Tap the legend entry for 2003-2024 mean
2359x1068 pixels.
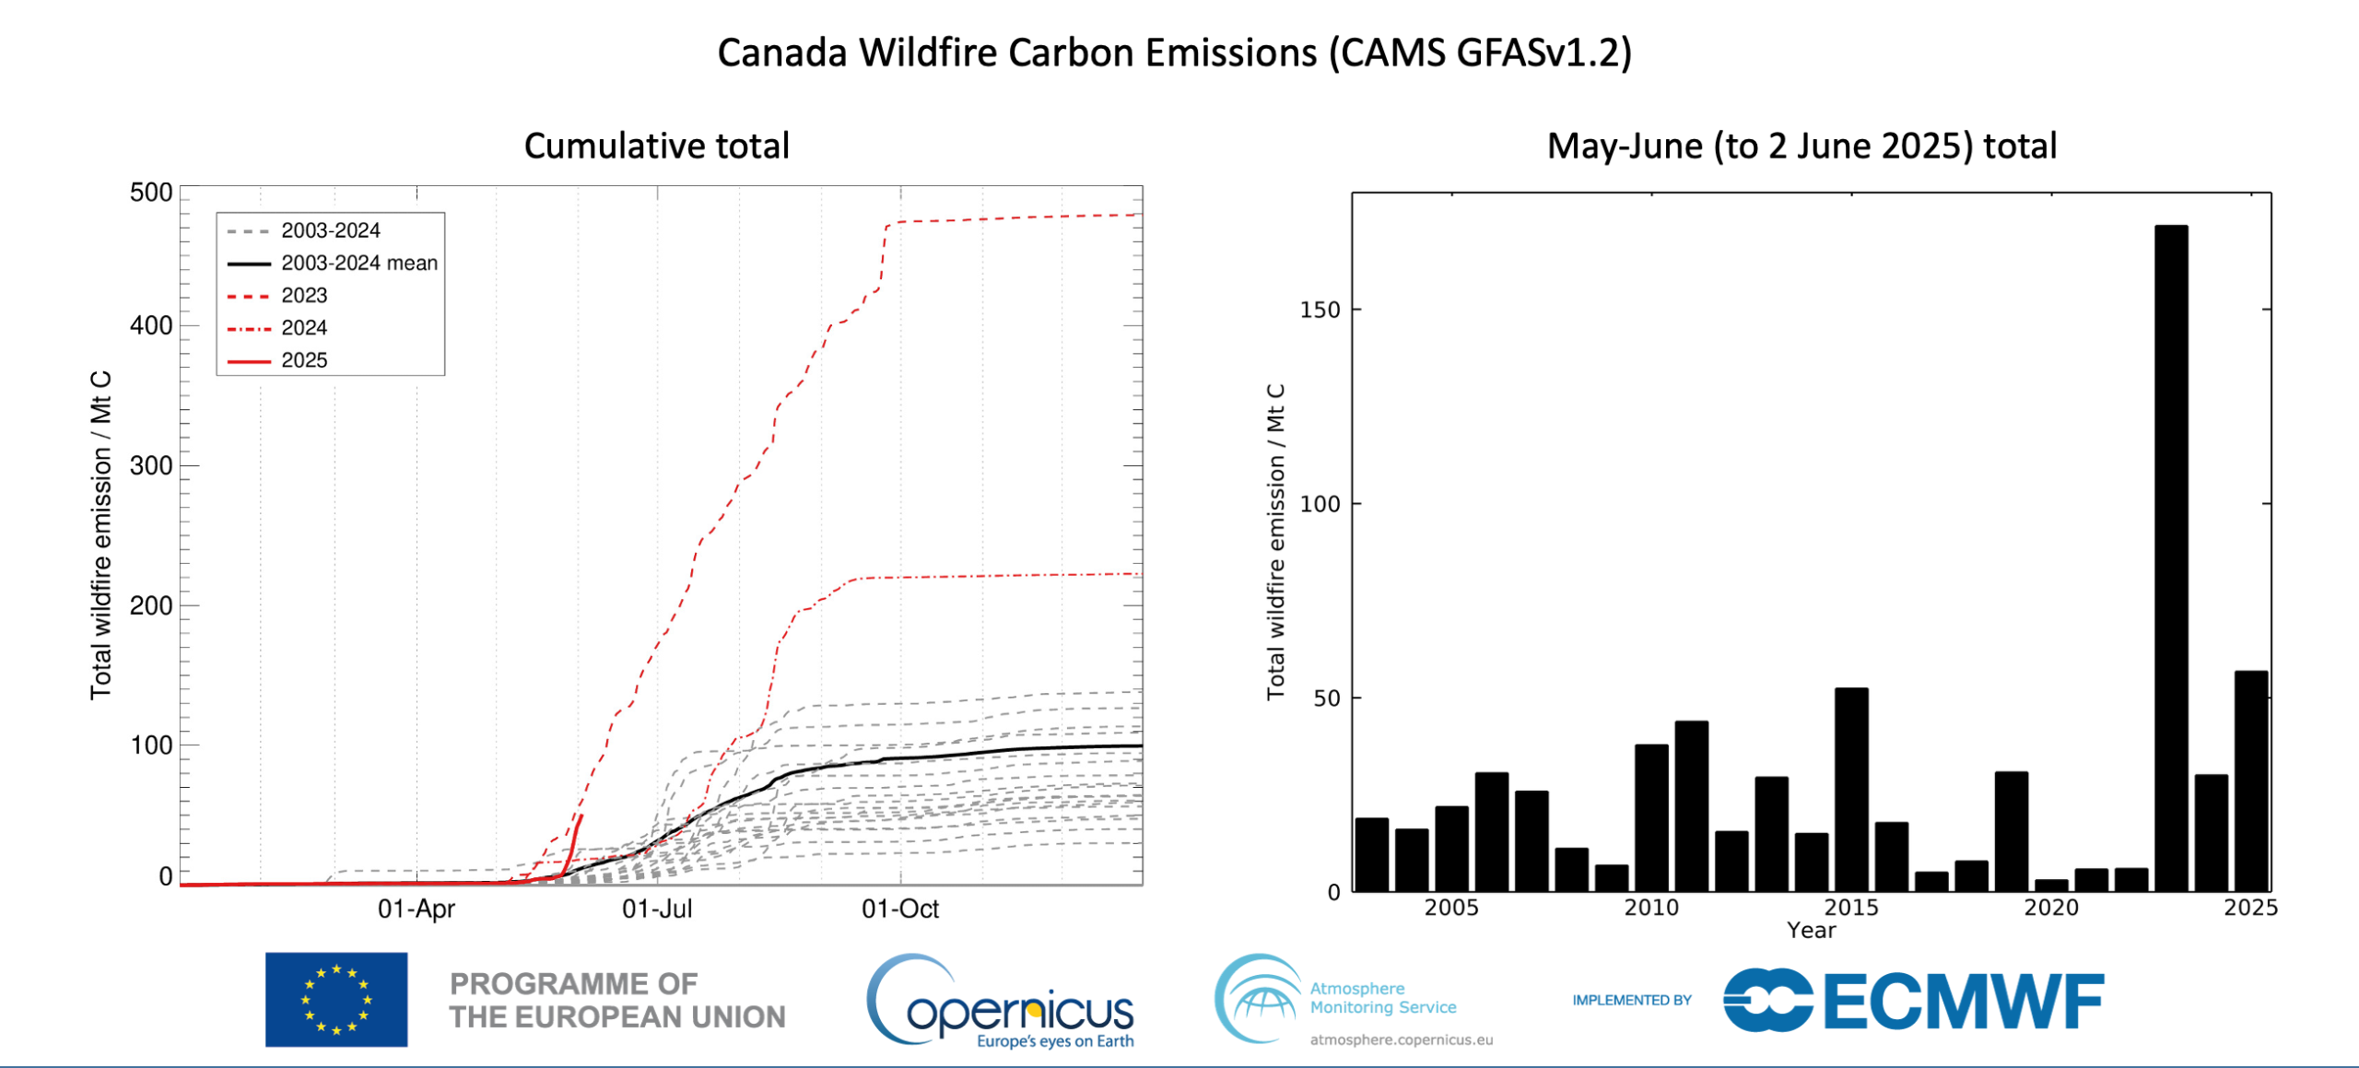tap(358, 264)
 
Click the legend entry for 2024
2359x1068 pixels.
tap(303, 328)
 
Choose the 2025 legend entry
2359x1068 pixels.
tap(303, 360)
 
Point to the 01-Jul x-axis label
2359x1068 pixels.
tap(657, 910)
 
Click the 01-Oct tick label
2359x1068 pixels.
tap(899, 910)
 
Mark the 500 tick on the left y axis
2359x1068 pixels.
tap(151, 193)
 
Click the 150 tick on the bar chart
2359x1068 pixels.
tap(1320, 310)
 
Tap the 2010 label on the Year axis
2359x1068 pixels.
tap(1650, 908)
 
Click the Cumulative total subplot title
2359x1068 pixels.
tap(656, 146)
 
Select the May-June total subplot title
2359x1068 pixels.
tap(1802, 146)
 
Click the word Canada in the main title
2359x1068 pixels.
tap(781, 53)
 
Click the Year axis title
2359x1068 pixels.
tap(1811, 931)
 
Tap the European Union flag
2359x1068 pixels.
tap(336, 1000)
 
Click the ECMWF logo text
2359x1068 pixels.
tap(1963, 1001)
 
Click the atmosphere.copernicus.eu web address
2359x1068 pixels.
tap(1401, 1040)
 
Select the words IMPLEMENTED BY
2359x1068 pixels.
tap(1631, 1000)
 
